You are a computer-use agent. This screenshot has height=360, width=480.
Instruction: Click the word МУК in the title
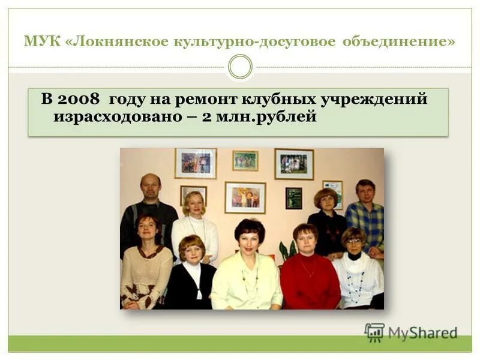click(37, 42)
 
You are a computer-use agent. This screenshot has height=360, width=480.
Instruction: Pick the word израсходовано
click(120, 116)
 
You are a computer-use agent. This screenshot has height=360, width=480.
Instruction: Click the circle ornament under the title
click(240, 67)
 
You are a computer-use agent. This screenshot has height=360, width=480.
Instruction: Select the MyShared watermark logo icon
click(374, 332)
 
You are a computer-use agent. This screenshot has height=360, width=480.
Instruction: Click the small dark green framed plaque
click(293, 198)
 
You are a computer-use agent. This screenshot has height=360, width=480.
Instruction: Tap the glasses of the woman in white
click(353, 241)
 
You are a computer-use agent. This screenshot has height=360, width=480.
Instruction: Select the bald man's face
click(150, 188)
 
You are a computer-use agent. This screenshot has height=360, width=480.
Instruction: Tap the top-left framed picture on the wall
click(196, 163)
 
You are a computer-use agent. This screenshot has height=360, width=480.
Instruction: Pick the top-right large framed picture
click(294, 164)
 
